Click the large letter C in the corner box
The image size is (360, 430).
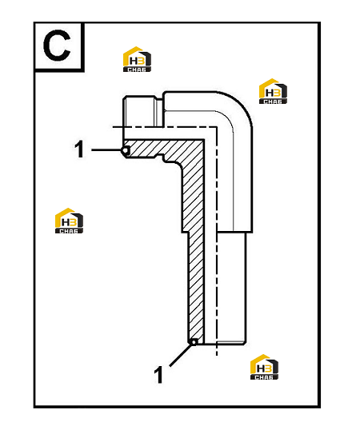(57, 46)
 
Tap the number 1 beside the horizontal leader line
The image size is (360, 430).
(79, 149)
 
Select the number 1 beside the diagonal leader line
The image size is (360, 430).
(158, 375)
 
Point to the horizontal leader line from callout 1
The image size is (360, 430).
(106, 150)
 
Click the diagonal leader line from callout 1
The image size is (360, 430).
(180, 355)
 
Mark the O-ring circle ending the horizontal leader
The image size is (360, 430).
(126, 150)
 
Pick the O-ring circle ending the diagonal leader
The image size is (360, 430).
(194, 342)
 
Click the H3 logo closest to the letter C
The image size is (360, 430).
(137, 59)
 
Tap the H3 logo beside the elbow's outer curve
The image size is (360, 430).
(273, 91)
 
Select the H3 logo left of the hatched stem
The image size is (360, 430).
(69, 221)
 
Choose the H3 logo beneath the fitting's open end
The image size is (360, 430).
(264, 367)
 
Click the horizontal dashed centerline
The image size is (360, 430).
(165, 127)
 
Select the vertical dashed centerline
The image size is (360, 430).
(217, 241)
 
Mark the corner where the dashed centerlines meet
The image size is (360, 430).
(217, 127)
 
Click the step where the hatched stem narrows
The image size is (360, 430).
(185, 233)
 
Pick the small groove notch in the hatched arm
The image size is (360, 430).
(160, 158)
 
